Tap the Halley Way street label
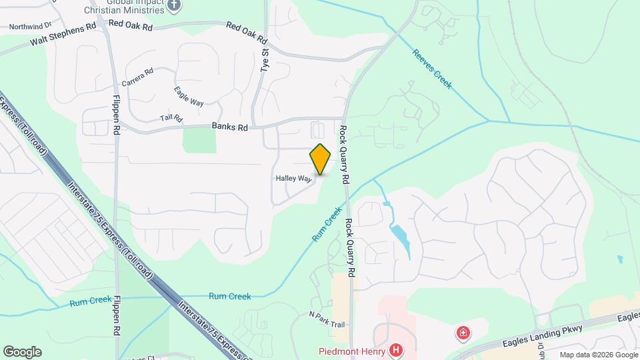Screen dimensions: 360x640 point(293,179)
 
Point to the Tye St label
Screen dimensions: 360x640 point(265,45)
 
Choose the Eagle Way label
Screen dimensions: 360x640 point(189,95)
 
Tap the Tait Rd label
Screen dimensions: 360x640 point(171,118)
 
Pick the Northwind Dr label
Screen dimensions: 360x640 point(30,27)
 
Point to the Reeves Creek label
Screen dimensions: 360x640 point(432,69)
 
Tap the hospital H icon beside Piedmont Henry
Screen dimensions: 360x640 point(397,349)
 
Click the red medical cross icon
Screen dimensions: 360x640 point(461,332)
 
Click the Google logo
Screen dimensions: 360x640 point(22,352)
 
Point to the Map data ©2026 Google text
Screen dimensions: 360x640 point(597,355)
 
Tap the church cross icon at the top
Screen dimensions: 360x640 point(175,5)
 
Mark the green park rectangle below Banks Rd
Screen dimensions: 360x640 point(199,140)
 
